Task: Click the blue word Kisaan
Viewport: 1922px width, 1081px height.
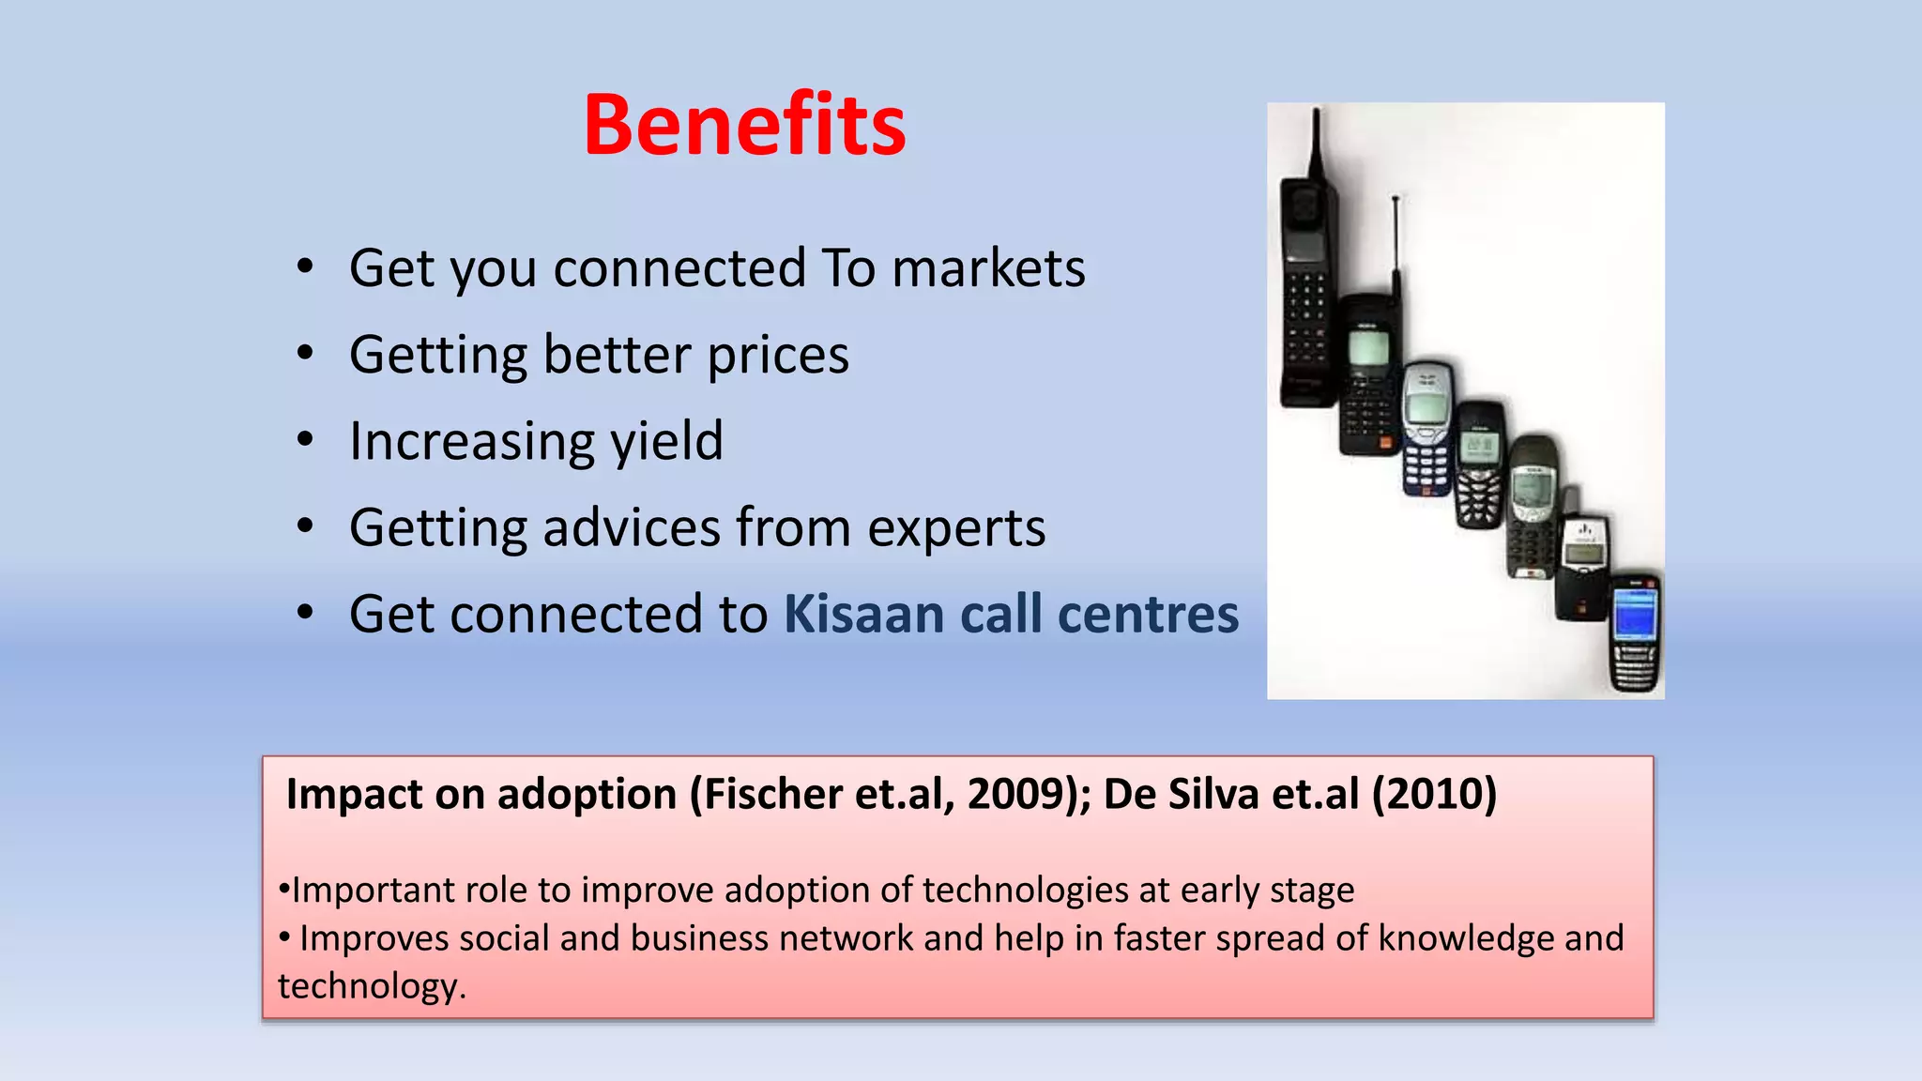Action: point(863,615)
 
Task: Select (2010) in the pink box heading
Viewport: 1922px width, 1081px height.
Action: point(1434,794)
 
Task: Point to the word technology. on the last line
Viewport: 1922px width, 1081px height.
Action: point(372,986)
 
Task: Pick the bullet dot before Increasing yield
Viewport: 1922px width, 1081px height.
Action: point(305,439)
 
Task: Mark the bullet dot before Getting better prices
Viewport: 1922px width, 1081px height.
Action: point(305,353)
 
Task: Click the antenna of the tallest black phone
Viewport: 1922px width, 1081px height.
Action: point(1317,141)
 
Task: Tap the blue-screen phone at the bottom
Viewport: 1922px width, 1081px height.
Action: point(1635,633)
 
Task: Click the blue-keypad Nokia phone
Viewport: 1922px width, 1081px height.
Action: point(1427,427)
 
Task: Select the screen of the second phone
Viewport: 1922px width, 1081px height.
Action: point(1368,348)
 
